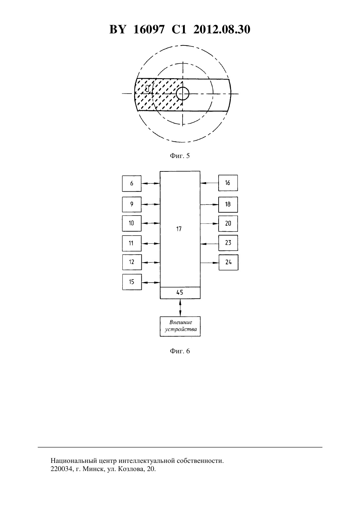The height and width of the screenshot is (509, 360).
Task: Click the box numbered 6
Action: (132, 184)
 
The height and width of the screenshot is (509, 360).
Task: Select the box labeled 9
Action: (132, 204)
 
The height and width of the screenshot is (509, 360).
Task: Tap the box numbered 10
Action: (132, 223)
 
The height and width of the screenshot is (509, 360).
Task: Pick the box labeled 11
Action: (132, 243)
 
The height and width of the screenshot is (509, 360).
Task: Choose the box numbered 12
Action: (132, 262)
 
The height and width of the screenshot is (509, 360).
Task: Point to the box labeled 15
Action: (132, 282)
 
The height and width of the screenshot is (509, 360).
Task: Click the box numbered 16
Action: (228, 183)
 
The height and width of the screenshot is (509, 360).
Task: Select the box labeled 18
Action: (228, 204)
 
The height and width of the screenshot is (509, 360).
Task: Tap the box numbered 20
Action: (228, 224)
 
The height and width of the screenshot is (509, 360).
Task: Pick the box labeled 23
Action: (228, 243)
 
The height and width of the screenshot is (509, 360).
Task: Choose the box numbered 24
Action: (228, 262)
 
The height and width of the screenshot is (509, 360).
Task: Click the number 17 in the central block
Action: (179, 229)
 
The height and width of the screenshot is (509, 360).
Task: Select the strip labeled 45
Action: (180, 293)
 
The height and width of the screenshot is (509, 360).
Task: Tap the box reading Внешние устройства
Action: (180, 326)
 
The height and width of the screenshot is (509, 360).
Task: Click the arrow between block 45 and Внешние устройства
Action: (180, 307)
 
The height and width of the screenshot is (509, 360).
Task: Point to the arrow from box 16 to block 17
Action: (209, 183)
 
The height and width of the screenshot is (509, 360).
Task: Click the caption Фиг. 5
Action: (180, 156)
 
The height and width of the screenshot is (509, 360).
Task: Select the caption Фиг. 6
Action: (180, 351)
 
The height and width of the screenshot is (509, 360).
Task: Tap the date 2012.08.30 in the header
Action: (222, 29)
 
